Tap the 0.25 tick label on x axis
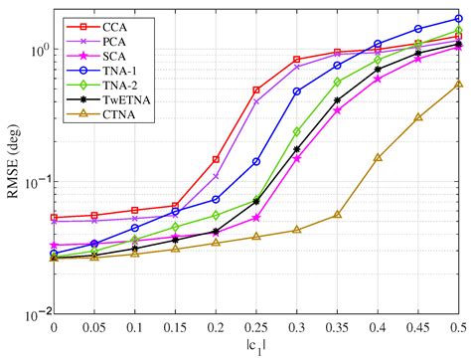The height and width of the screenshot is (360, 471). tap(255, 327)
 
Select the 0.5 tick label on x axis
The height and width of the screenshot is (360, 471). tap(458, 327)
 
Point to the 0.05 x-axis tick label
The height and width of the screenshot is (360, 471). tap(93, 327)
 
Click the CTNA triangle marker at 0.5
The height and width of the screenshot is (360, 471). tap(458, 84)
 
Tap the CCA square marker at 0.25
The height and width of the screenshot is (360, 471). tap(256, 90)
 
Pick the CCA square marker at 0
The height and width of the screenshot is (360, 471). tap(54, 218)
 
